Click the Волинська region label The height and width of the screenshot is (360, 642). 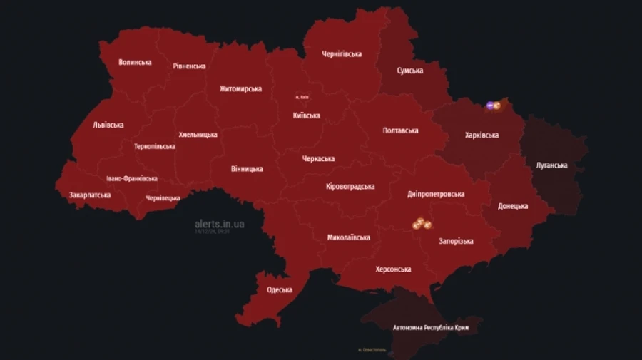135,62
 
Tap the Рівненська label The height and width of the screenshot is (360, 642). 189,66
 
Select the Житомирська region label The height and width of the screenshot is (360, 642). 240,89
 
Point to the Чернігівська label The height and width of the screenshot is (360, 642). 341,54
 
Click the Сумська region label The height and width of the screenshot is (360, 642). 410,71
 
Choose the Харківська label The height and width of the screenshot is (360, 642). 481,135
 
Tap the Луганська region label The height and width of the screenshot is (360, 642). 551,165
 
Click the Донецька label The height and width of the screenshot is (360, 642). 513,206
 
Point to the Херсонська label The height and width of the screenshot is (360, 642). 393,269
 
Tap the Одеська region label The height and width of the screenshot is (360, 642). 280,289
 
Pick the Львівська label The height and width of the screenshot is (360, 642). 108,125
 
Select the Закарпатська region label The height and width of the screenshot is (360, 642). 90,195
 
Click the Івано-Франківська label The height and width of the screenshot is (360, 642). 132,179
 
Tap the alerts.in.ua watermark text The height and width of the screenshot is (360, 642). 220,224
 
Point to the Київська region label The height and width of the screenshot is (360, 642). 306,115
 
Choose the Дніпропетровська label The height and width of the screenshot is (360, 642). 436,194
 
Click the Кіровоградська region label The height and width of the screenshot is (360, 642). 350,186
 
